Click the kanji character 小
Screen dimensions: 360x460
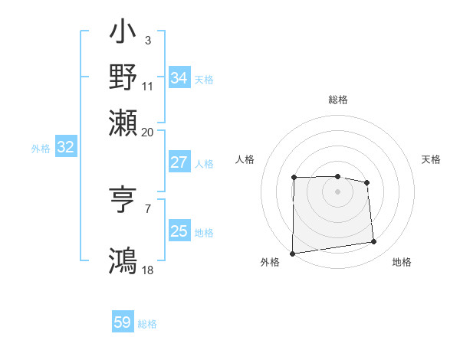123,35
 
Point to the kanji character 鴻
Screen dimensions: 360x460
123,260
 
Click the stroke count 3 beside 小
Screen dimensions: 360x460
147,39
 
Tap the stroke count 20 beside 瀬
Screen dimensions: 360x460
148,132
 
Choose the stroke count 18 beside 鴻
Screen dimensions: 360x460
148,270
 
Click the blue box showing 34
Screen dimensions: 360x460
179,78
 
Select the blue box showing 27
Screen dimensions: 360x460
179,162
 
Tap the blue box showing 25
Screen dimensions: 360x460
179,231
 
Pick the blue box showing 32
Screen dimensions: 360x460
66,148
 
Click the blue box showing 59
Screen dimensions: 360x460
123,322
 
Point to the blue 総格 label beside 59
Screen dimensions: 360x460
148,324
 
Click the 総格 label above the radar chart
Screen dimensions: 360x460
338,100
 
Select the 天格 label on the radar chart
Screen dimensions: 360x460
432,159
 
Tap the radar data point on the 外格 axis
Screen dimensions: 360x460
292,254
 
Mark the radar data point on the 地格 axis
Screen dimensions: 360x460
373,242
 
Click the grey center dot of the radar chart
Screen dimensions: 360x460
337,191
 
